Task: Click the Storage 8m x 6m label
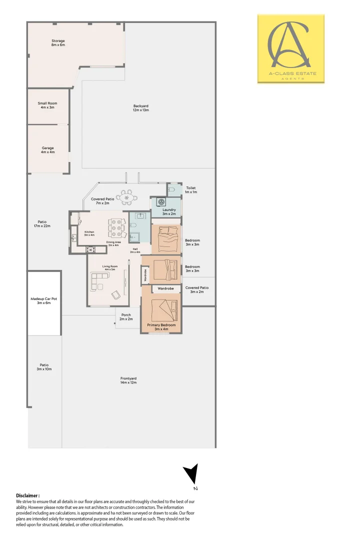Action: (58, 43)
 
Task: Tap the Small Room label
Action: (47, 105)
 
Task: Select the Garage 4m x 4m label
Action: (47, 150)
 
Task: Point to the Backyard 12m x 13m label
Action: (141, 108)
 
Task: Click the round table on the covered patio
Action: (128, 197)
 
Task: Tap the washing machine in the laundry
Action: (161, 202)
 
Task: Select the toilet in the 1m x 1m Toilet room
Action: (171, 190)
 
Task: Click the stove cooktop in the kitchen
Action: (90, 249)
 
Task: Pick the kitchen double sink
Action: (74, 238)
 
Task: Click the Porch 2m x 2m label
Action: (126, 317)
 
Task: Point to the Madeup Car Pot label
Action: (44, 300)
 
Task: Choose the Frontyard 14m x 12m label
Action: (128, 381)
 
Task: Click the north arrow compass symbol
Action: (191, 474)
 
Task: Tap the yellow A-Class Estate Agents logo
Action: (290, 48)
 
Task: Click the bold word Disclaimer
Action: (28, 495)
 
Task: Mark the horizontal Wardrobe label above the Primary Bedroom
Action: (165, 288)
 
